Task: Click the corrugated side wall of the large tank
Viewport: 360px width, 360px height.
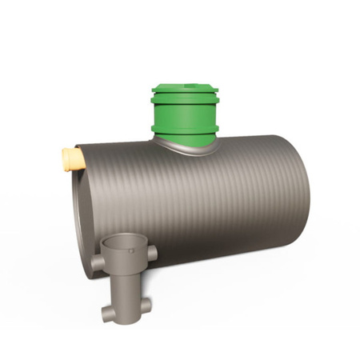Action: point(208,208)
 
